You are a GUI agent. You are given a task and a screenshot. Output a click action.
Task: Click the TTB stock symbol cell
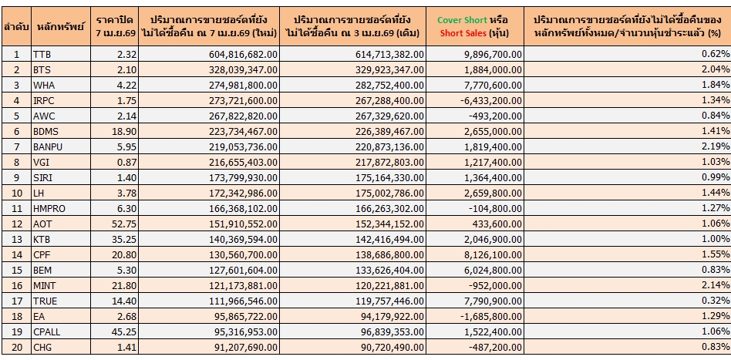(x=42, y=53)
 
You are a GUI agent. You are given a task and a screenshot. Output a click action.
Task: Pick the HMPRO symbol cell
(x=49, y=210)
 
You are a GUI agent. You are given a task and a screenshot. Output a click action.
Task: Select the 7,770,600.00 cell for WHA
(x=497, y=85)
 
